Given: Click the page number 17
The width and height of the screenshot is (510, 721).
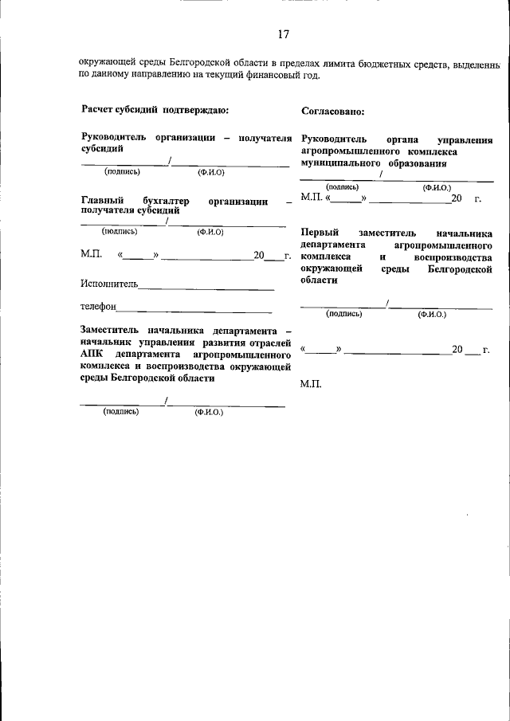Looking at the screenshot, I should [283, 34].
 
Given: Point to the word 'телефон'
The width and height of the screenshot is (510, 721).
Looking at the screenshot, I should [99, 307].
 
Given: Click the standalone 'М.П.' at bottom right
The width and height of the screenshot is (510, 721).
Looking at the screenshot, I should [311, 385].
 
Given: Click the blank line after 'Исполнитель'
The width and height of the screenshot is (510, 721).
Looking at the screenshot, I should [206, 285].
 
